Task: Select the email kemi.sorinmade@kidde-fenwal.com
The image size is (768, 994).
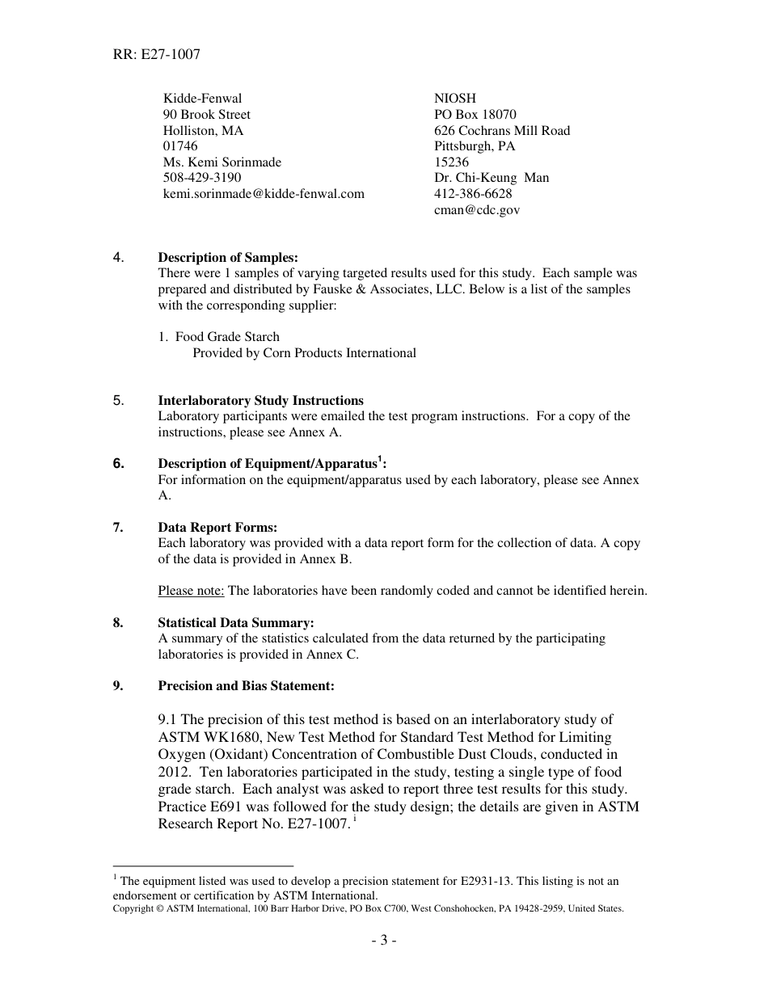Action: click(x=264, y=194)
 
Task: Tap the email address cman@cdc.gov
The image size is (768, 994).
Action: click(x=477, y=210)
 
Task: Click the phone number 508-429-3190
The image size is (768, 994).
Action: click(x=202, y=178)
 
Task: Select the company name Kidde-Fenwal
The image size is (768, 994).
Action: click(x=202, y=99)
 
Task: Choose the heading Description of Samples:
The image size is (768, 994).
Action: click(x=228, y=258)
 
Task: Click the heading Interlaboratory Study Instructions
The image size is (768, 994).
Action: click(x=260, y=401)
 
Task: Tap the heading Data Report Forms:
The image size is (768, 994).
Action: click(x=217, y=528)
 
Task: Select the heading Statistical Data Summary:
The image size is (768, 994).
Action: click(x=235, y=623)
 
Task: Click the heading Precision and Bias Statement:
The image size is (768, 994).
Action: click(x=246, y=686)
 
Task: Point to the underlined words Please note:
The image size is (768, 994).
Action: click(x=191, y=591)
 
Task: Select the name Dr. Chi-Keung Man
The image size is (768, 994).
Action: click(x=492, y=178)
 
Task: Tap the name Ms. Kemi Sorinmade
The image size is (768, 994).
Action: click(x=222, y=162)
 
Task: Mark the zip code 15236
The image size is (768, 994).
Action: click(x=451, y=162)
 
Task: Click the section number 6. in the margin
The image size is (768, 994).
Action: click(x=119, y=464)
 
